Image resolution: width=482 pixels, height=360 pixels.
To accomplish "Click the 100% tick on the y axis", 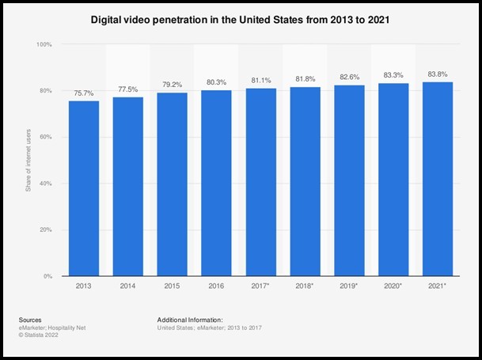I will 44,45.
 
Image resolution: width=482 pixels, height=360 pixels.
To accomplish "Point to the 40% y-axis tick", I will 47,184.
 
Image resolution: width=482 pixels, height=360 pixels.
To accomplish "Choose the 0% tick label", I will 48,276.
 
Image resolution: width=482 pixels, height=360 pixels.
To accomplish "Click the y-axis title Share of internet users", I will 28,161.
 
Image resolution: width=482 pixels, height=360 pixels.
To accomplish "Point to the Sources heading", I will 29,319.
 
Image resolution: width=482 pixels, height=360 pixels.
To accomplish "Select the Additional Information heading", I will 189,319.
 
